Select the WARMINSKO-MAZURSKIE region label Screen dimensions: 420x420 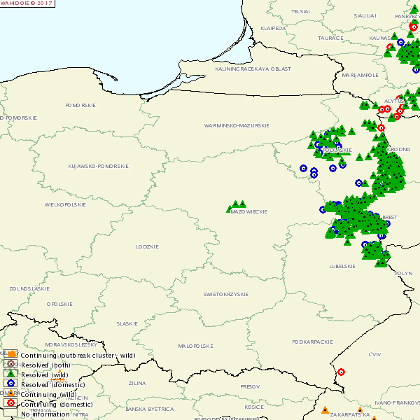pyautogui.click(x=237, y=125)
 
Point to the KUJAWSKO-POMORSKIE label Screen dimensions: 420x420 pyautogui.click(x=98, y=166)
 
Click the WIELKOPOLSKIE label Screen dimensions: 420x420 pyautogui.click(x=65, y=204)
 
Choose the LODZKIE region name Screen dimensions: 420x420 pyautogui.click(x=148, y=246)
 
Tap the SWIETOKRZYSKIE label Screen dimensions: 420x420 pyautogui.click(x=226, y=294)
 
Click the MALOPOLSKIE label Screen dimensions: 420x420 pyautogui.click(x=195, y=346)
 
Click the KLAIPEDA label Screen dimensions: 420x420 pyautogui.click(x=273, y=29)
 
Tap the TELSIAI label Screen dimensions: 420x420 pyautogui.click(x=300, y=12)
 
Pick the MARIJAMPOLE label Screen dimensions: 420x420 pyautogui.click(x=360, y=74)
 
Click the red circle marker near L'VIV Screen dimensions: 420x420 pyautogui.click(x=341, y=372)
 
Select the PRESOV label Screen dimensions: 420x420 pyautogui.click(x=250, y=386)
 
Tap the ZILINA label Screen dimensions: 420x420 pyautogui.click(x=137, y=383)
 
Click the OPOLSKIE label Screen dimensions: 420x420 pyautogui.click(x=59, y=304)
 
